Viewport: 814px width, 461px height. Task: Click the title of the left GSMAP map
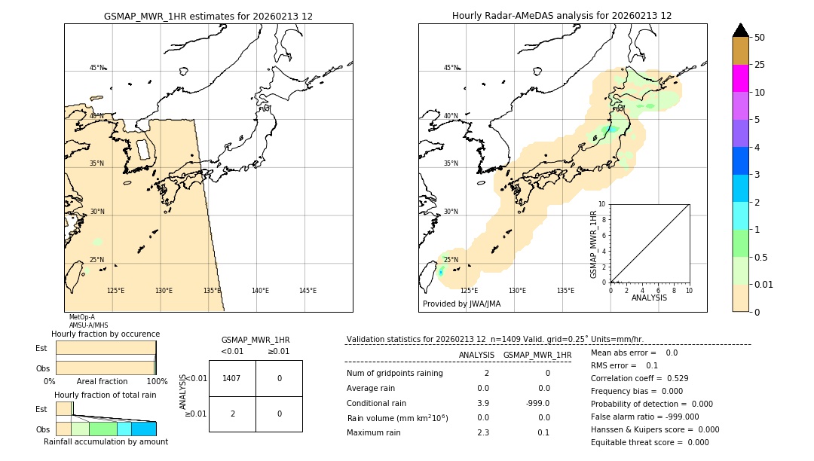[208, 16]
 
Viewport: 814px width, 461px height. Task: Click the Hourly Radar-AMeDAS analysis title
[562, 16]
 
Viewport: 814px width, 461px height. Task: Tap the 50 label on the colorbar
[760, 38]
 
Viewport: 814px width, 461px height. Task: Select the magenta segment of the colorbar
[740, 78]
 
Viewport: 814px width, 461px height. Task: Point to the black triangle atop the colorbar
[740, 30]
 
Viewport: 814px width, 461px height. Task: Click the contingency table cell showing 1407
[231, 378]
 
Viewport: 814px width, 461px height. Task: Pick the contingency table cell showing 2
[231, 414]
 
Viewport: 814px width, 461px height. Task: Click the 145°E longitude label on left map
[308, 291]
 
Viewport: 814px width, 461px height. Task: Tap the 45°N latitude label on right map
[450, 68]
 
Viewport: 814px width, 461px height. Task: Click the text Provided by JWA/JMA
[461, 304]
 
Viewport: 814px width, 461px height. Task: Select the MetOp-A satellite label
[81, 318]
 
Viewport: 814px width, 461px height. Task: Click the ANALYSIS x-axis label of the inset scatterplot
[649, 298]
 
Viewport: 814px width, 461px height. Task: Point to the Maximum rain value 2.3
[483, 432]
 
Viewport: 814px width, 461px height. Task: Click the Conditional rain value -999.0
[537, 403]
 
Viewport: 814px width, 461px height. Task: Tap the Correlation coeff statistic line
[639, 378]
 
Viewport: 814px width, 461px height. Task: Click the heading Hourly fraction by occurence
[106, 334]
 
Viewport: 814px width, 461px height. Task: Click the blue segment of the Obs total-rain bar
[144, 429]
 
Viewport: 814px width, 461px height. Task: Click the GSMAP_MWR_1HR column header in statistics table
[537, 355]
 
